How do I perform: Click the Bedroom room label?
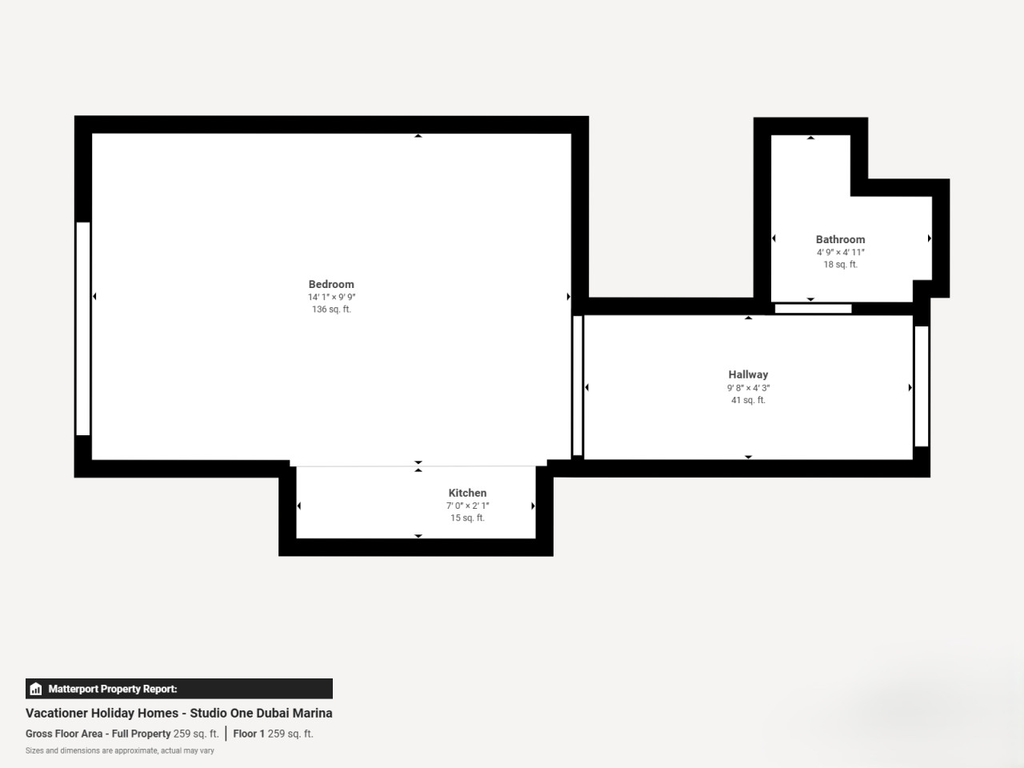331,284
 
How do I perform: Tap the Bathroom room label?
840,239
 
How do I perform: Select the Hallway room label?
748,374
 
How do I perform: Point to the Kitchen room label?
467,493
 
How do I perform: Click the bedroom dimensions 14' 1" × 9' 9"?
331,297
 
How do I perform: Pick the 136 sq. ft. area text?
331,309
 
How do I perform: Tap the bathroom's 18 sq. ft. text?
840,264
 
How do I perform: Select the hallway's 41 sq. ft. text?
748,400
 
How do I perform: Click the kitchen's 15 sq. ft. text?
467,518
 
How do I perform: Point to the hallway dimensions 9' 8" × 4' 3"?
748,387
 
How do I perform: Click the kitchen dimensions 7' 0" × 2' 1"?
467,506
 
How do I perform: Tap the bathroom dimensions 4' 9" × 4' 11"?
840,252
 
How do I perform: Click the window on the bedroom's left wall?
83,329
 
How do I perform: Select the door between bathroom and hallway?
813,309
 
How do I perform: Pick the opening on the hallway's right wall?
922,386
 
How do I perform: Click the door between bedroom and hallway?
578,385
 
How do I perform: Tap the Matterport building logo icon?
36,689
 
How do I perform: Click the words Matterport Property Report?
113,689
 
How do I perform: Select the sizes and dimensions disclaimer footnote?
120,750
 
